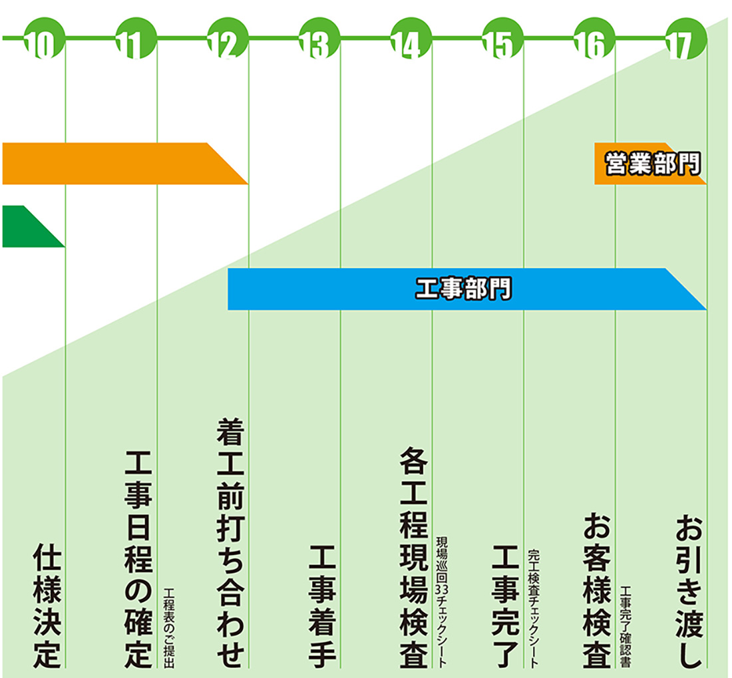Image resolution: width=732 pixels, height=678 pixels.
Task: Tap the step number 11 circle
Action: click(132, 42)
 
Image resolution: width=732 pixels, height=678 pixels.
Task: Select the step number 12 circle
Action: click(224, 42)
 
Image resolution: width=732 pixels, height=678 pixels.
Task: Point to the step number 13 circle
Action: click(315, 42)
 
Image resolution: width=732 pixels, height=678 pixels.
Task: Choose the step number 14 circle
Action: click(407, 42)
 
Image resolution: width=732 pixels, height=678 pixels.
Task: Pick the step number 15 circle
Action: click(498, 42)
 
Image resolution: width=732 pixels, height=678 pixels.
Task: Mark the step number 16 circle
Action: click(590, 42)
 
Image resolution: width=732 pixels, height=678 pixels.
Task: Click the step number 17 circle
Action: click(681, 42)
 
